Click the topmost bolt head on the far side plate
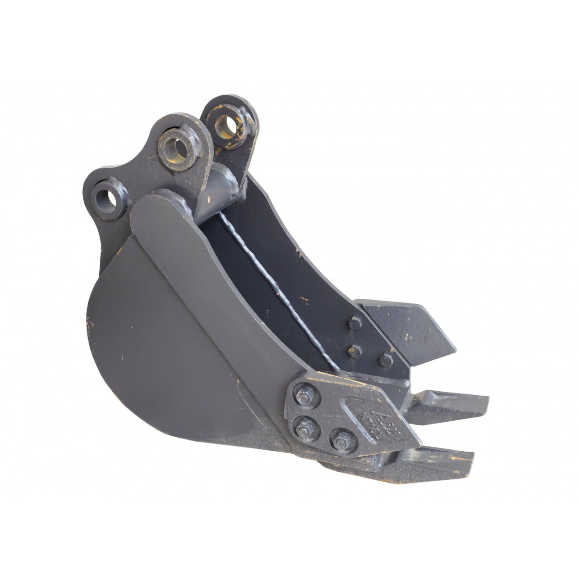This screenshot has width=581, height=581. pos(354,323)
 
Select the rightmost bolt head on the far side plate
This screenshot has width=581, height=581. pos(385,360)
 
